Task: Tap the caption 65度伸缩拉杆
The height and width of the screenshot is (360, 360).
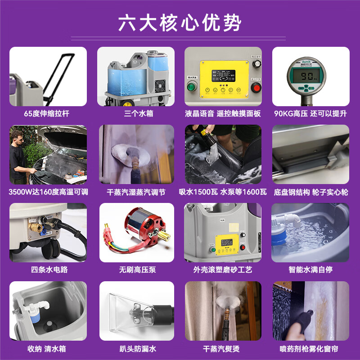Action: pyautogui.click(x=48, y=113)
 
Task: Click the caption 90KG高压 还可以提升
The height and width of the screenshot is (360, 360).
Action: pyautogui.click(x=311, y=113)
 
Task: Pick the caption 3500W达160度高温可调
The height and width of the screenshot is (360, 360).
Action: pyautogui.click(x=48, y=192)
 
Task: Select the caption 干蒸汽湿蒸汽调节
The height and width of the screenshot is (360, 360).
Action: pyautogui.click(x=136, y=192)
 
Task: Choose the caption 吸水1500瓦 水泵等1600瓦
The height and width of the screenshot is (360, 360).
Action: pyautogui.click(x=223, y=192)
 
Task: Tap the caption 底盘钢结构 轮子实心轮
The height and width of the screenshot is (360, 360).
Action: pyautogui.click(x=311, y=192)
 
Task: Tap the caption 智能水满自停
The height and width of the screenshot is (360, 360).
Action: pyautogui.click(x=310, y=270)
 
